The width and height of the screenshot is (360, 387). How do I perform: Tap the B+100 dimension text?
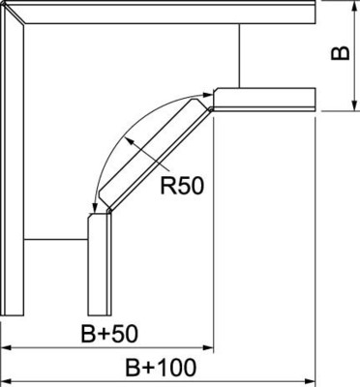click(x=160, y=368)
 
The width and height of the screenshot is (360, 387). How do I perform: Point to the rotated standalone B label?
click(x=340, y=53)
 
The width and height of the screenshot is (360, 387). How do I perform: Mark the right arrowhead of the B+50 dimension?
click(x=206, y=346)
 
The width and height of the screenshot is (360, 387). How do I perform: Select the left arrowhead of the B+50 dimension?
click(x=6, y=346)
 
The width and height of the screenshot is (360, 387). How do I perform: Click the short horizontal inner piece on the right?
click(x=264, y=99)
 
